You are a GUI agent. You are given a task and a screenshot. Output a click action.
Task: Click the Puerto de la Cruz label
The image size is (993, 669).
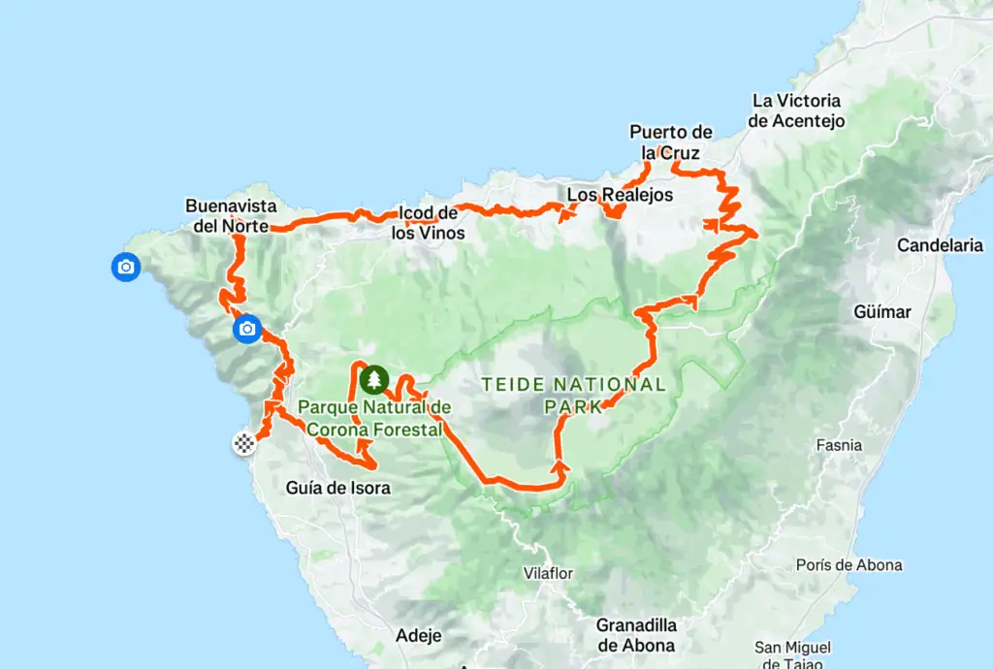[670, 142]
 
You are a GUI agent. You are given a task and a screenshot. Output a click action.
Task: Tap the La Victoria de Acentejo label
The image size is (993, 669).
[796, 111]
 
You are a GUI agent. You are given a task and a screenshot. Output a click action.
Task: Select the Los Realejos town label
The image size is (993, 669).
[620, 195]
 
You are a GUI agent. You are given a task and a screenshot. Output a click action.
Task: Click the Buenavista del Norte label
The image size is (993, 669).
[232, 216]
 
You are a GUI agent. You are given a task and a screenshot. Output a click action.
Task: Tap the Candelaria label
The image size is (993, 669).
[940, 245]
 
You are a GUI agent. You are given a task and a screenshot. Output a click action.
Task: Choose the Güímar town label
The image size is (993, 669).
[883, 312]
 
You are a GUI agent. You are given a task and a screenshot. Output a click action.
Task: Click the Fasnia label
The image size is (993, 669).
[839, 445]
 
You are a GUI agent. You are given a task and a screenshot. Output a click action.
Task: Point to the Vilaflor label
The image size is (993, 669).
[549, 572]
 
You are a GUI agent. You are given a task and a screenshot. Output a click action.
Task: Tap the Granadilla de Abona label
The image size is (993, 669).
[636, 634]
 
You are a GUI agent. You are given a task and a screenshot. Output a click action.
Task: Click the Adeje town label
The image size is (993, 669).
[419, 636]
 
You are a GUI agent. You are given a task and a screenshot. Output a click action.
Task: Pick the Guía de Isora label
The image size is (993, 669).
[338, 488]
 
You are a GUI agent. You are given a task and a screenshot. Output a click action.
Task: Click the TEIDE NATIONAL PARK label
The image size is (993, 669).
[574, 395]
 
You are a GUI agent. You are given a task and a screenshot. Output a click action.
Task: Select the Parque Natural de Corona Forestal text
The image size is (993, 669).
[375, 417]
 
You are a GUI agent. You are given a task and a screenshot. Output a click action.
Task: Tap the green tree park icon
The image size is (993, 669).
[373, 379]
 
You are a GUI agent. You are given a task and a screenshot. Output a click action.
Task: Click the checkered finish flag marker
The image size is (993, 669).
[243, 444]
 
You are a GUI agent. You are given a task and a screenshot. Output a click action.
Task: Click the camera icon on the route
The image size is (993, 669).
[247, 330]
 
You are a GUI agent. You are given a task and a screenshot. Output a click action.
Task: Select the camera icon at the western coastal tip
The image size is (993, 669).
[125, 267]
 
